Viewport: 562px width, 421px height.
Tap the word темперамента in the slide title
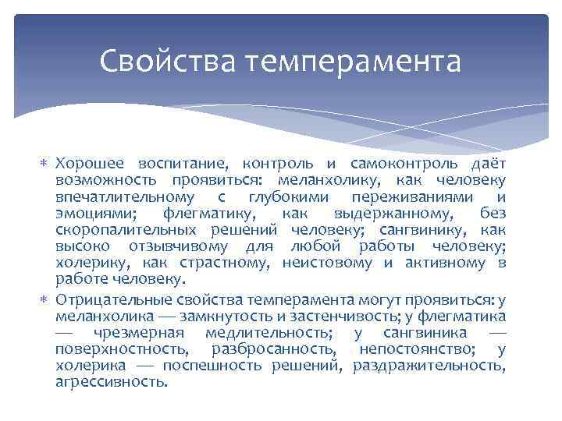pos(354,60)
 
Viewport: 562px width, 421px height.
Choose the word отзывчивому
pos(173,246)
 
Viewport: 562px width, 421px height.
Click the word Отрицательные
pos(111,299)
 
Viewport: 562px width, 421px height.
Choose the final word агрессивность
pos(112,381)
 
